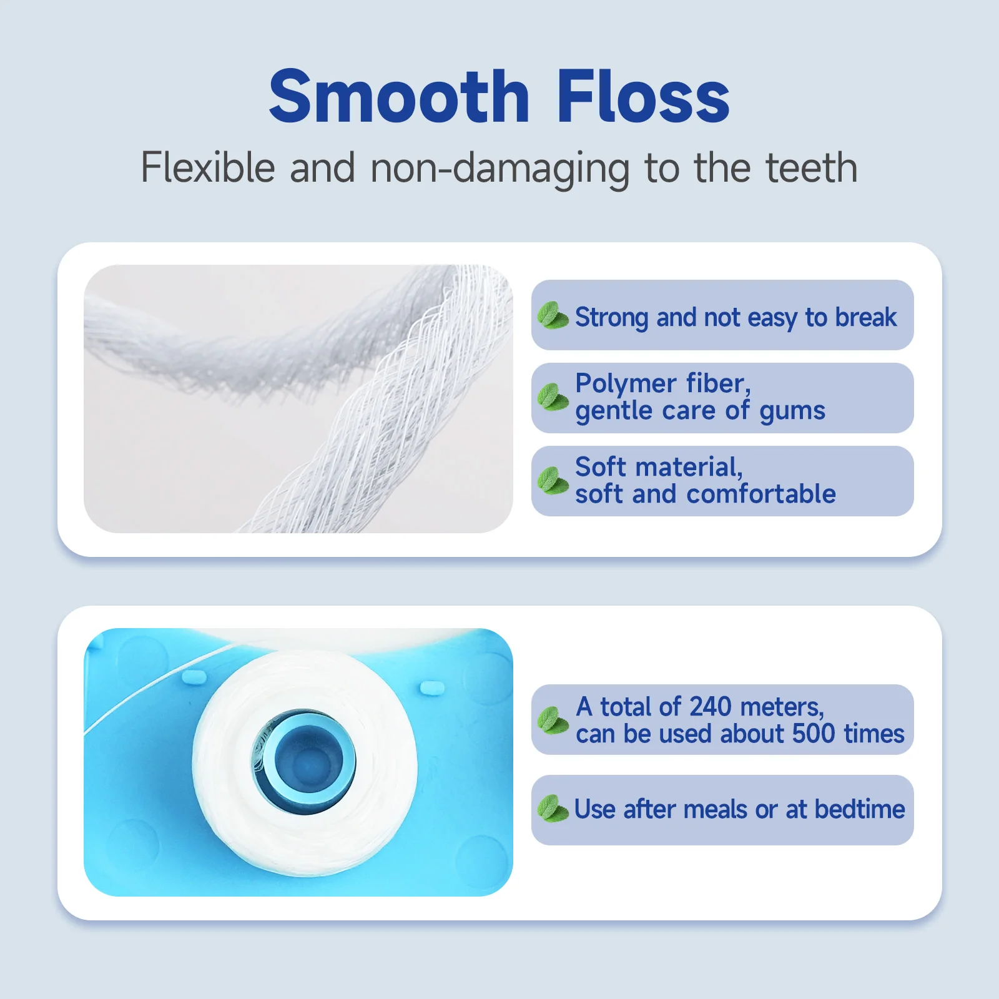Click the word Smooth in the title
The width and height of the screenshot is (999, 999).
[400, 97]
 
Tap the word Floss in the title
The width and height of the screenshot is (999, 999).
[642, 97]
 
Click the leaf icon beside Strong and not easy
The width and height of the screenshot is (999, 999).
[553, 315]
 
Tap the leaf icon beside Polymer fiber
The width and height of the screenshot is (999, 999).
[553, 397]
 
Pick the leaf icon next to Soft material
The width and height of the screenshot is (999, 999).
[553, 481]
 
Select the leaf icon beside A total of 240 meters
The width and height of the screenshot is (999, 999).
[553, 720]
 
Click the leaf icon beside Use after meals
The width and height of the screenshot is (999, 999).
[553, 809]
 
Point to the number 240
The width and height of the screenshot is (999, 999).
[710, 707]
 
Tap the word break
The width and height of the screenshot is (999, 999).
[865, 317]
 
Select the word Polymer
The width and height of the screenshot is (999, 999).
[626, 384]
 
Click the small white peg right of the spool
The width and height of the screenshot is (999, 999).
[431, 687]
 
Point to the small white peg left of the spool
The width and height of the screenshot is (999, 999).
[195, 676]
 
